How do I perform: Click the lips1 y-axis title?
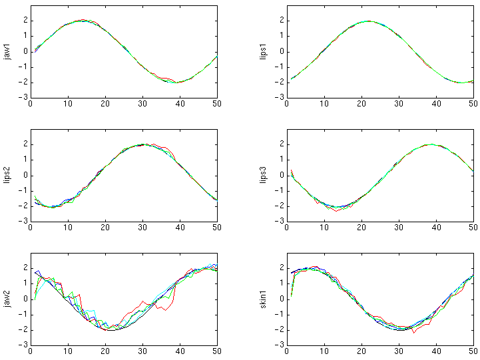point(264,52)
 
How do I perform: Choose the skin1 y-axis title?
point(264,299)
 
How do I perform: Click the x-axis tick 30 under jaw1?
point(142,104)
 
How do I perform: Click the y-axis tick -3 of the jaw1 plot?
point(22,98)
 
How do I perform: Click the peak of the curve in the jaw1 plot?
point(83,21)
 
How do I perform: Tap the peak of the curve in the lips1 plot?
point(368,21)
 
